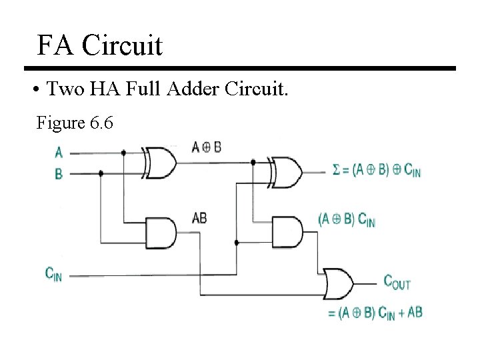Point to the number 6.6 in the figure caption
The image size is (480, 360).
(x=99, y=123)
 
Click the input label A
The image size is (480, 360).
(x=59, y=153)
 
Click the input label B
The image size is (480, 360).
(x=59, y=173)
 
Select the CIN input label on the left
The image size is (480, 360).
(x=53, y=273)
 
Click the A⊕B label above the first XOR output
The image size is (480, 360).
(x=206, y=147)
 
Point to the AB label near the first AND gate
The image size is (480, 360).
(x=199, y=218)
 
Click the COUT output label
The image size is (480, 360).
(x=397, y=281)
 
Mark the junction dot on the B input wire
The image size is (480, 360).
(x=101, y=173)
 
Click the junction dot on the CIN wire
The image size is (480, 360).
(x=237, y=243)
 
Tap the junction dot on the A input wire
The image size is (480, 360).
(x=124, y=153)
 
